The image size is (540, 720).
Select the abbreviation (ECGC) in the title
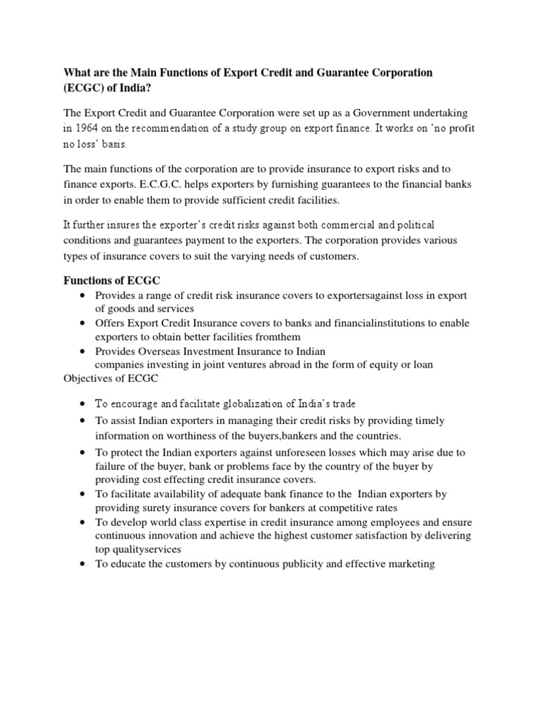[89, 88]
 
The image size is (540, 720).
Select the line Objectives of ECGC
[111, 378]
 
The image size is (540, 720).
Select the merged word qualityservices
[139, 550]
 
